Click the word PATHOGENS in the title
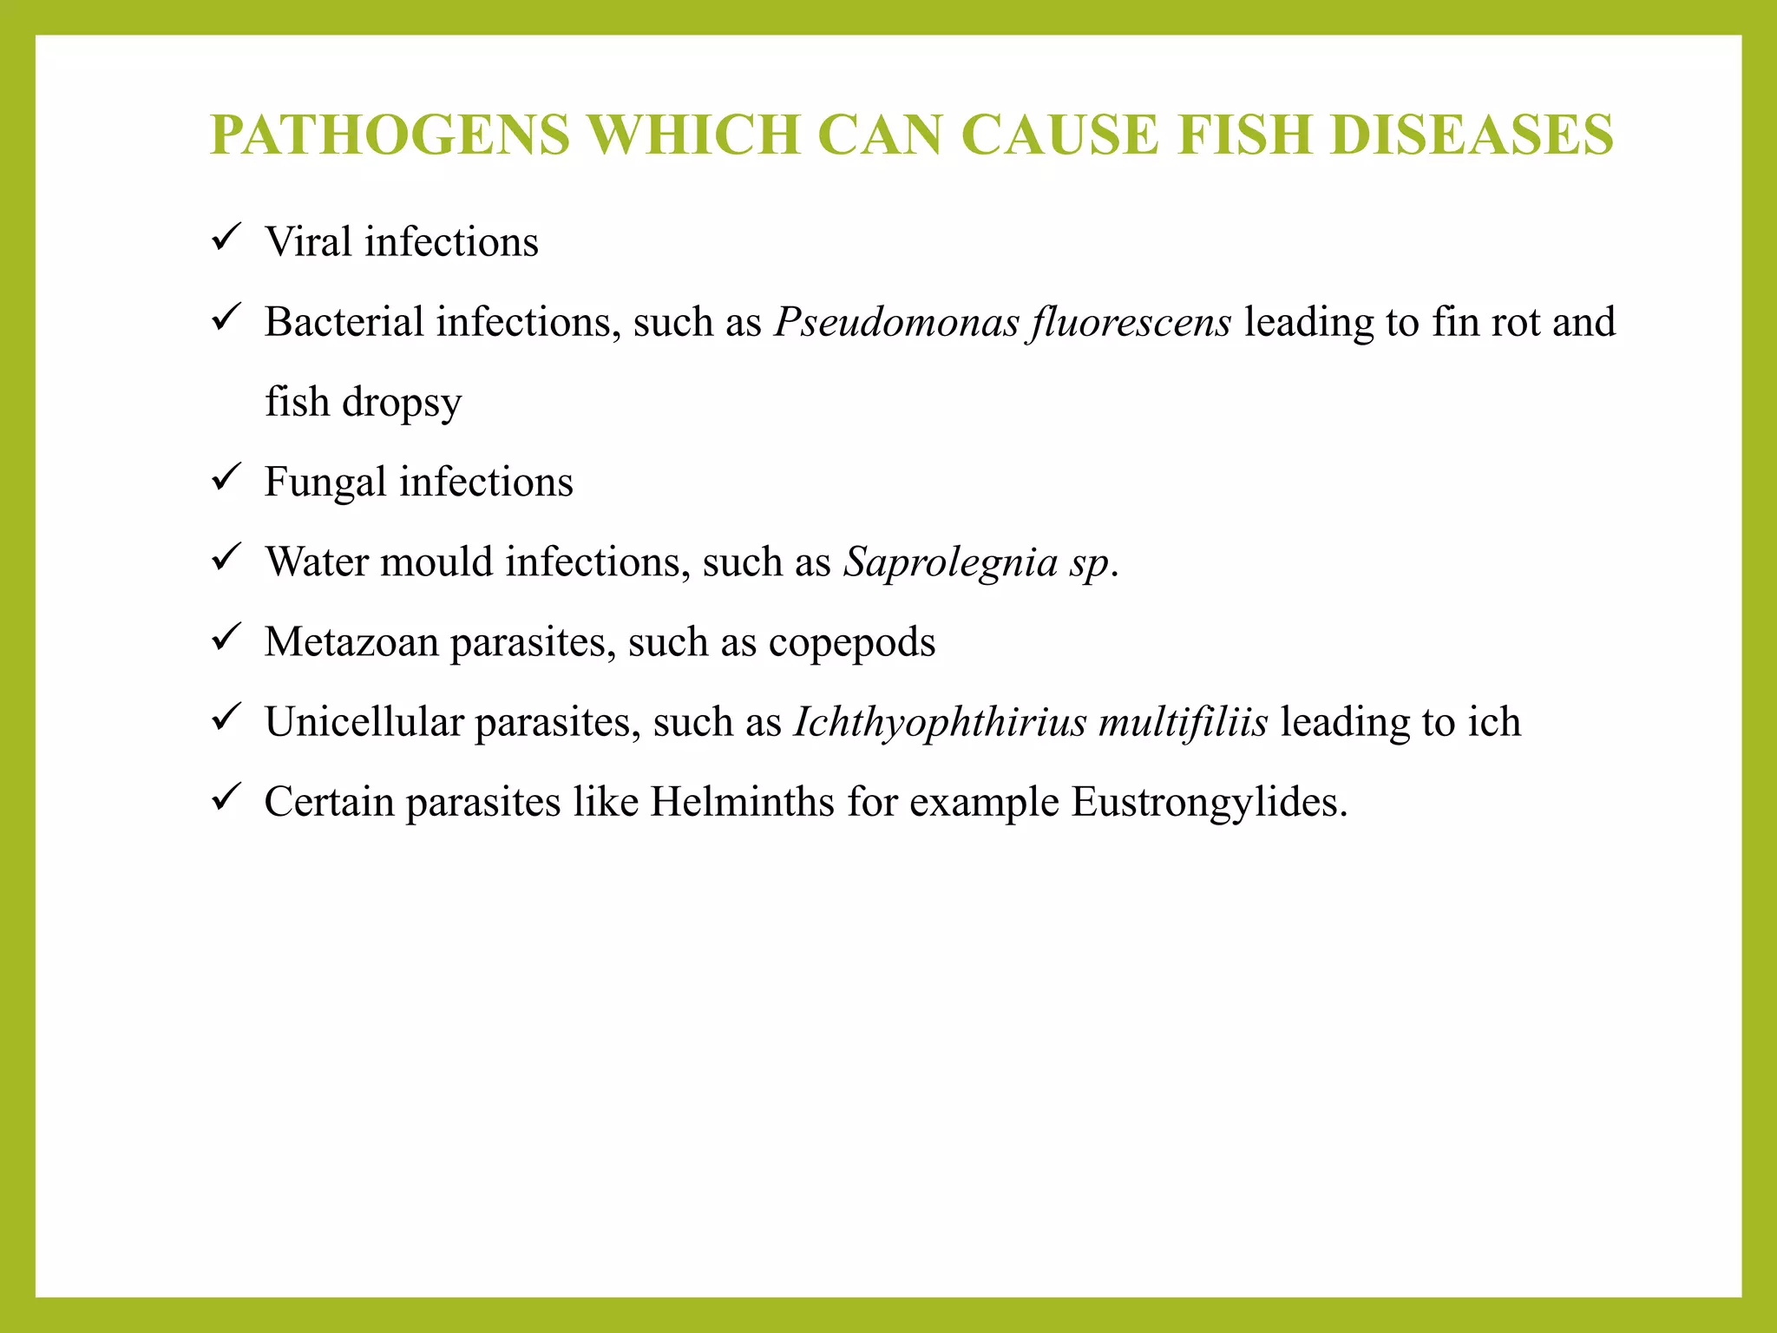coord(390,135)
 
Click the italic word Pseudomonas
coord(897,323)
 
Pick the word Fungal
coord(325,483)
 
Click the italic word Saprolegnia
coord(950,562)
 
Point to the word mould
coord(436,561)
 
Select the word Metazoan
coord(351,642)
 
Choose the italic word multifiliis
coord(1183,722)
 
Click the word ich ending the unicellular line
coord(1494,722)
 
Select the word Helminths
coord(743,802)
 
